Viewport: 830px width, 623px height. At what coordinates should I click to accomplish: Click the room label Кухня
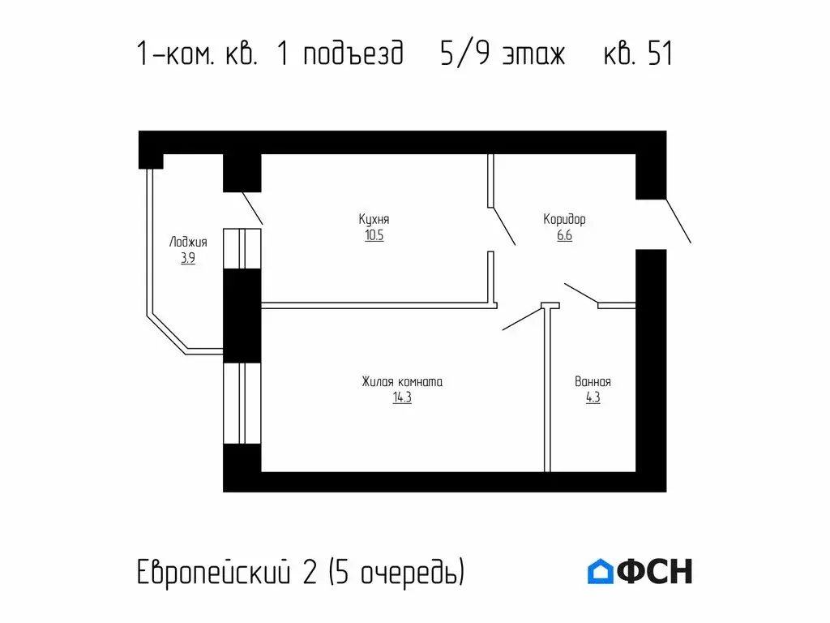(374, 219)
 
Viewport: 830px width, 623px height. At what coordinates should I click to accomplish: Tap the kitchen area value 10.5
(374, 236)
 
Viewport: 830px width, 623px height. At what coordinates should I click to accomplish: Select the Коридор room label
(564, 219)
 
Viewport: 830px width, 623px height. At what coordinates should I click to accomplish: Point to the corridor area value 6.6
(564, 236)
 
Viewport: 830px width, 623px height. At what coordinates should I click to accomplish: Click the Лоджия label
(188, 242)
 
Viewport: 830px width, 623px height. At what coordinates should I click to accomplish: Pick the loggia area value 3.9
(188, 259)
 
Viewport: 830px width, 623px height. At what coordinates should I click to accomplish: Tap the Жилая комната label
(402, 381)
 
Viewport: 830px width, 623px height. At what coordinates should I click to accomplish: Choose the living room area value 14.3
(402, 398)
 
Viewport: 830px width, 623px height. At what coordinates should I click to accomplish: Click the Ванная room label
(593, 381)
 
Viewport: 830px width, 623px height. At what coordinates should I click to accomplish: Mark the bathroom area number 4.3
(593, 398)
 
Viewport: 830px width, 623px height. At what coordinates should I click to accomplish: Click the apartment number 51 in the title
(660, 54)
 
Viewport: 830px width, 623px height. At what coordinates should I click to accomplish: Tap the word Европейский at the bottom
(212, 572)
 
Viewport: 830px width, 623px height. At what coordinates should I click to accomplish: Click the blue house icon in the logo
(600, 571)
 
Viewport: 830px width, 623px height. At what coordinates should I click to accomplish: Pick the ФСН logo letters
(655, 571)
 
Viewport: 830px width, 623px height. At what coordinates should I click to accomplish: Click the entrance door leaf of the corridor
(678, 221)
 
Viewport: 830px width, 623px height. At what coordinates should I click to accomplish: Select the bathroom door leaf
(581, 294)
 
